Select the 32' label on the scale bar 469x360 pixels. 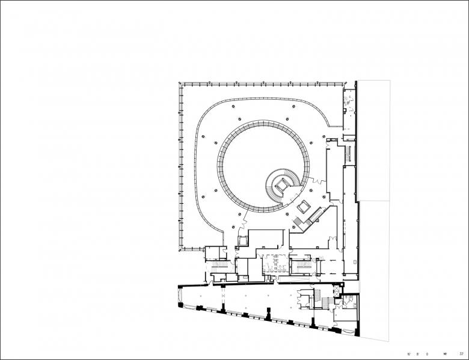[x=461, y=354]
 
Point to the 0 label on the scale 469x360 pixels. [x=426, y=354]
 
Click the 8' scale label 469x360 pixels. [x=417, y=354]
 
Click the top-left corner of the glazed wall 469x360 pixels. [x=180, y=84]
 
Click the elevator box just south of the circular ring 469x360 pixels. [x=243, y=240]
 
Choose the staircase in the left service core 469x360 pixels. [x=218, y=264]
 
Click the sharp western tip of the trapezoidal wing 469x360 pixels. [x=179, y=304]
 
